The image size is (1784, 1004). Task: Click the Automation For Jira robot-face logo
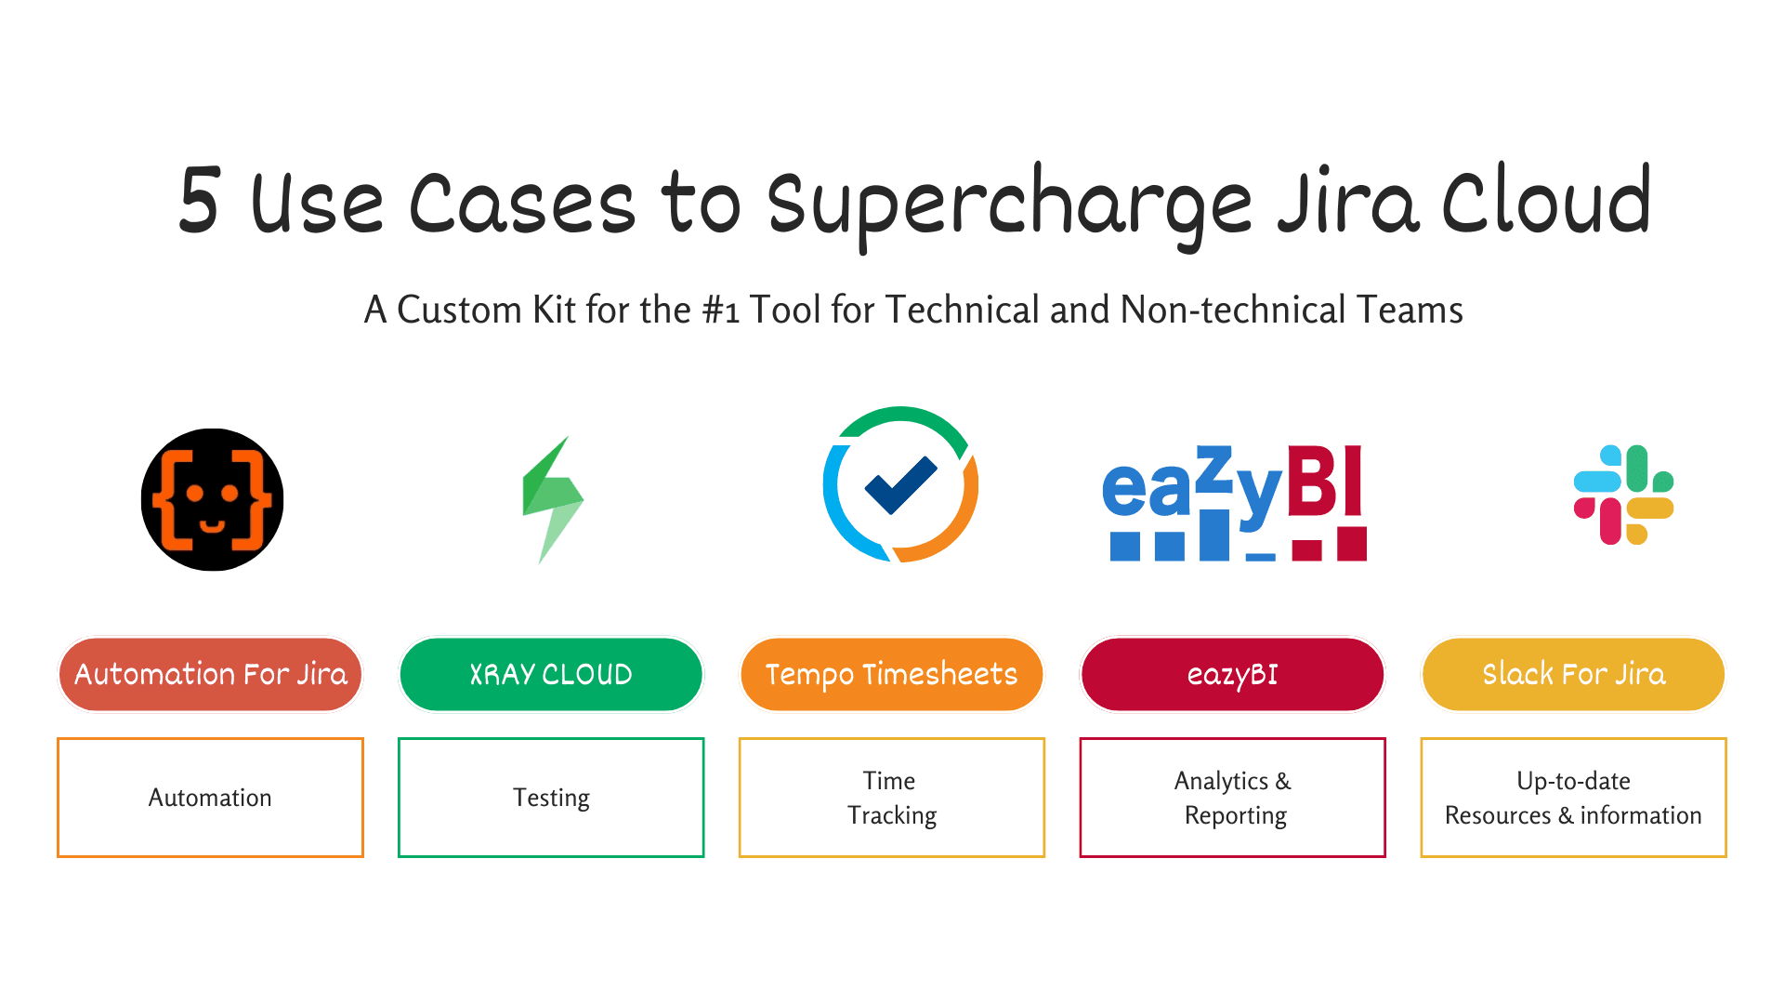pyautogui.click(x=212, y=499)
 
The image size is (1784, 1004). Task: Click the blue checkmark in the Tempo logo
pyautogui.click(x=900, y=485)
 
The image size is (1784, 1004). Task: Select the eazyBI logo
pyautogui.click(x=1234, y=503)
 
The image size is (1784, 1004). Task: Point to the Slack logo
pyautogui.click(x=1623, y=495)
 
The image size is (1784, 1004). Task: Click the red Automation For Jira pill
pyautogui.click(x=210, y=674)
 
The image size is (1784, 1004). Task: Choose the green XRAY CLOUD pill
pyautogui.click(x=551, y=674)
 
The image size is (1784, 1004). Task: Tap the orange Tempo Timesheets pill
pyautogui.click(x=892, y=674)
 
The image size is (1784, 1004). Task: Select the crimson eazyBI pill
pyautogui.click(x=1232, y=674)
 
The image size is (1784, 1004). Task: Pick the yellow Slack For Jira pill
pyautogui.click(x=1573, y=674)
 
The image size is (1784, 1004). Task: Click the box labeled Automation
pyautogui.click(x=210, y=798)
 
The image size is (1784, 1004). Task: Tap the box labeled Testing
pyautogui.click(x=551, y=798)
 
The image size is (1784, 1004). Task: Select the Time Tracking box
pyautogui.click(x=892, y=798)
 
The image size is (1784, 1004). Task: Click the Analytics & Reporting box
pyautogui.click(x=1232, y=798)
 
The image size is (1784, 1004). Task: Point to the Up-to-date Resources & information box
pyautogui.click(x=1573, y=798)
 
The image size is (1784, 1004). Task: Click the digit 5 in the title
pyautogui.click(x=199, y=199)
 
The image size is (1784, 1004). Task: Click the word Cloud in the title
pyautogui.click(x=1546, y=199)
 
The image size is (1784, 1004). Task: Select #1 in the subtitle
pyautogui.click(x=720, y=310)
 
